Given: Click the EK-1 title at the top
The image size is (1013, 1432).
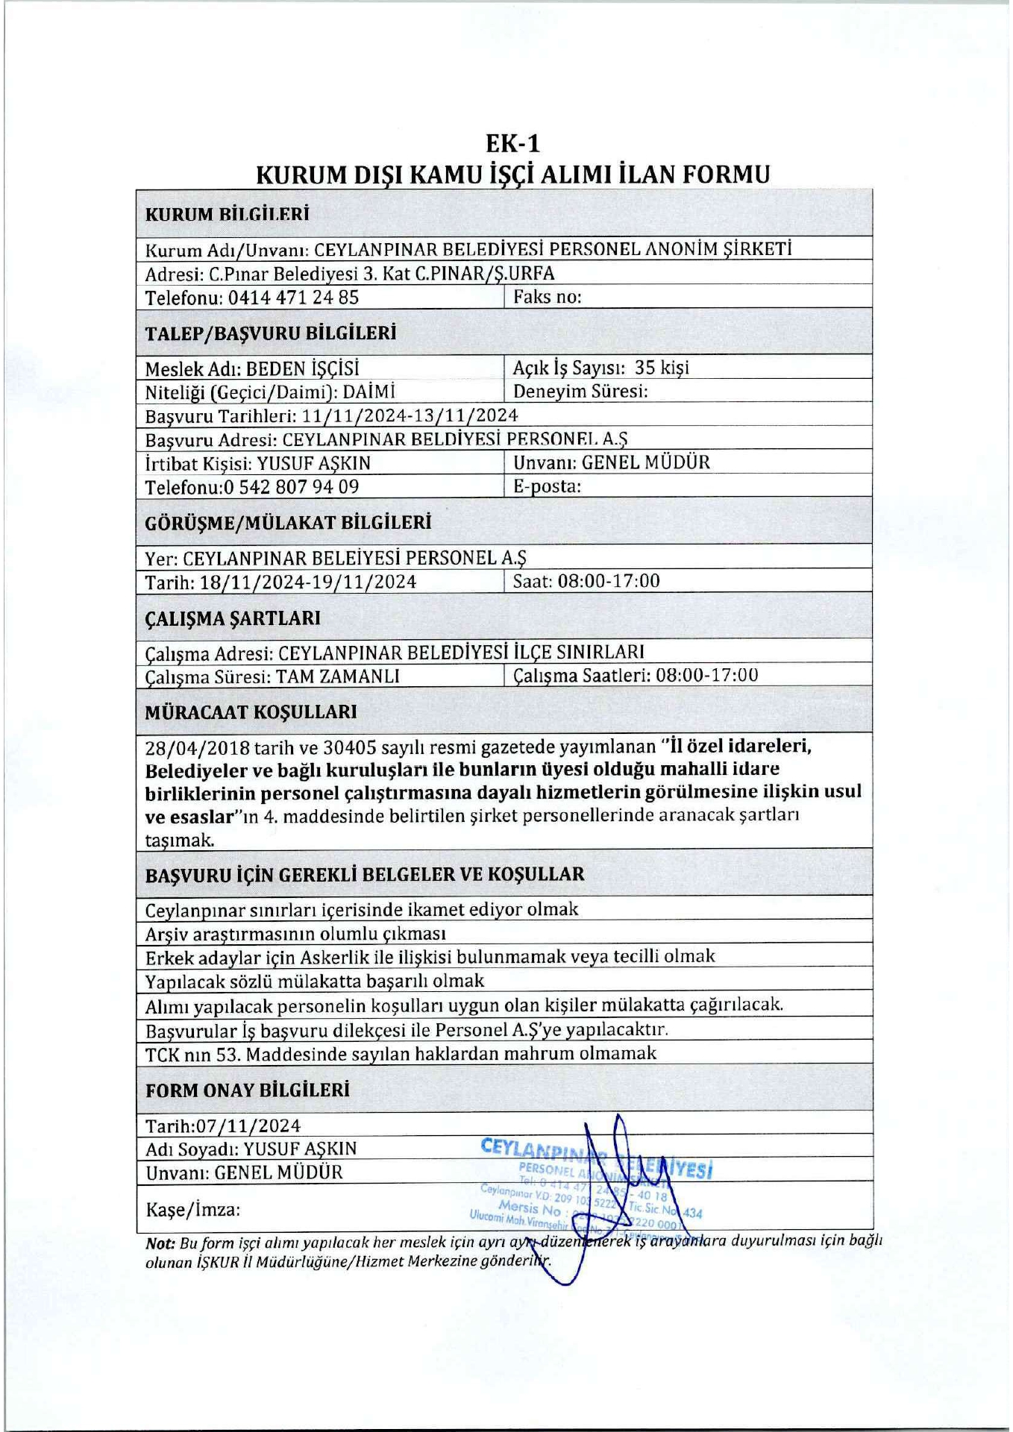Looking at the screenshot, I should [x=512, y=142].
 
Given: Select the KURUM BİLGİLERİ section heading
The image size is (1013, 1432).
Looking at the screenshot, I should [x=227, y=214].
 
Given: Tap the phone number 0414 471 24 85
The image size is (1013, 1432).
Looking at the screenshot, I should [x=293, y=298].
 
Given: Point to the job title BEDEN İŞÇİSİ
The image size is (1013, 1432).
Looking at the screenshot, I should [x=303, y=368].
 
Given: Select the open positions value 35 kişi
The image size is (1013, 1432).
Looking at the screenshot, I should [x=662, y=367].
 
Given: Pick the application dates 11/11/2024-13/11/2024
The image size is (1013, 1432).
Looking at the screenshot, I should [x=410, y=415].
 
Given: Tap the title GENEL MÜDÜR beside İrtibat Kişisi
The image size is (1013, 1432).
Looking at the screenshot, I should [x=645, y=462].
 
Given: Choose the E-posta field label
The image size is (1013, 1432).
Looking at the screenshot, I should [x=547, y=486].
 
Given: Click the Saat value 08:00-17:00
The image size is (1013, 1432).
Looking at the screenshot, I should [x=609, y=581].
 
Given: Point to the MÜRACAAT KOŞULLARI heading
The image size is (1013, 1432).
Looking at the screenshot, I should [x=251, y=712].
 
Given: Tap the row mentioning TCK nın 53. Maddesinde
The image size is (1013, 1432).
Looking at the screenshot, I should [x=401, y=1054].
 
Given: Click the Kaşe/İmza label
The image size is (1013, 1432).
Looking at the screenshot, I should [x=192, y=1209].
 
